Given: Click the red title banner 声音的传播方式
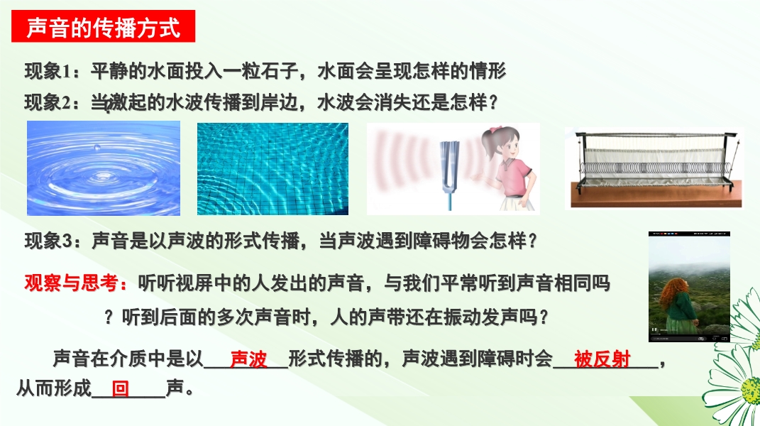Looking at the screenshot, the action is (103, 26).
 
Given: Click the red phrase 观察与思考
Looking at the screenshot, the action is (71, 283).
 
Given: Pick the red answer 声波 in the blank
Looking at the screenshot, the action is (248, 359).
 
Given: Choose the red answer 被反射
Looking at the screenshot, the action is (602, 359).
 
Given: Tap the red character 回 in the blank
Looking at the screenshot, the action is (120, 388).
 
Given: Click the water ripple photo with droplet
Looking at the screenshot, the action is (104, 168).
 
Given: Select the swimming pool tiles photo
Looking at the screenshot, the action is (272, 169).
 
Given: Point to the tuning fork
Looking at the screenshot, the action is (449, 173).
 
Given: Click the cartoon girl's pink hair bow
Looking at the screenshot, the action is (495, 131).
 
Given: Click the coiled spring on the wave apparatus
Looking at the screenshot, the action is (655, 168).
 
